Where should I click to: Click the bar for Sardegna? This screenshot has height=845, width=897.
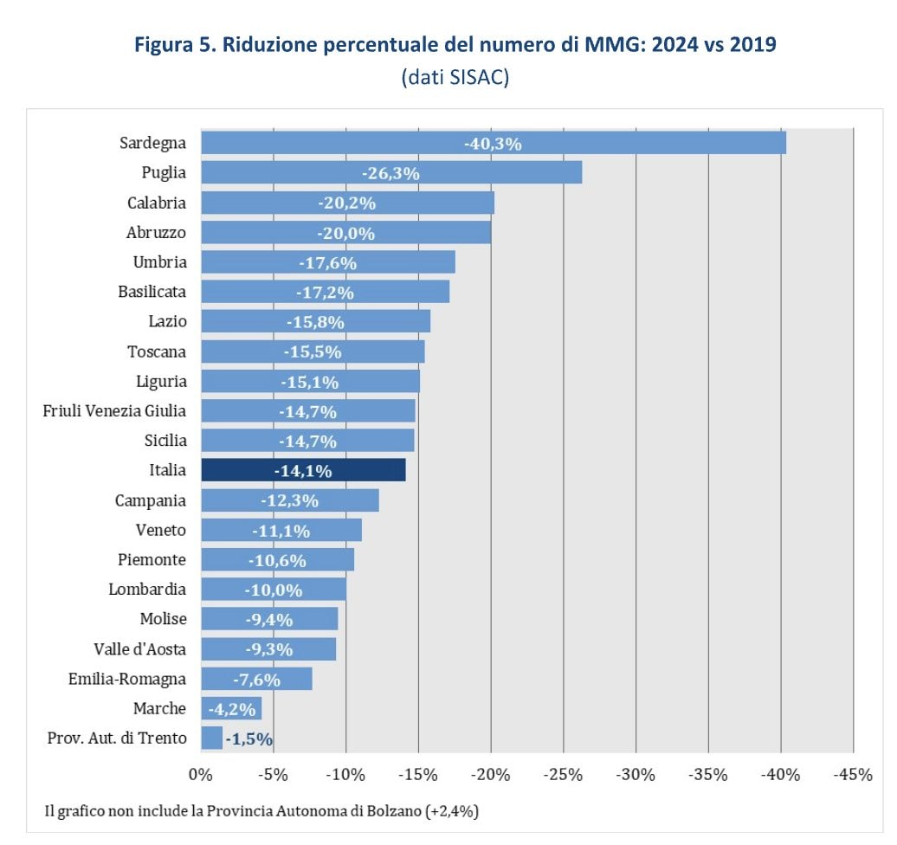[493, 143]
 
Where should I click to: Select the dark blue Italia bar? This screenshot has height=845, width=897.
[303, 470]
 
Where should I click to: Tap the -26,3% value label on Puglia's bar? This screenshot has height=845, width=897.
[390, 173]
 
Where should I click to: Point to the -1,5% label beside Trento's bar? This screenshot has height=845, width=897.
[249, 739]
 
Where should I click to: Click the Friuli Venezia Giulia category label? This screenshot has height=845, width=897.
[114, 410]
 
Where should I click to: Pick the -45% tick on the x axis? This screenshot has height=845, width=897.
[853, 775]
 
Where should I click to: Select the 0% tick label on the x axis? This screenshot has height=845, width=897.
[201, 775]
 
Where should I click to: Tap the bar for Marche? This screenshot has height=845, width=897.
[230, 709]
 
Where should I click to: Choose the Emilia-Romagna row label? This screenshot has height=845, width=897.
[127, 679]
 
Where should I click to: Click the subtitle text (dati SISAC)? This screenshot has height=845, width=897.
[455, 76]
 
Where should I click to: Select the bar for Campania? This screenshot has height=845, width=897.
[289, 500]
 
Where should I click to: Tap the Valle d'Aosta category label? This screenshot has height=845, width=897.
[139, 649]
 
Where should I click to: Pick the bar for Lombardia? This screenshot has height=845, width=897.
[273, 590]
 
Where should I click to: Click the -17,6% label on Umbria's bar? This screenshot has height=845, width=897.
[327, 262]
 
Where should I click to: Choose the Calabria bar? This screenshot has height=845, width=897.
[347, 203]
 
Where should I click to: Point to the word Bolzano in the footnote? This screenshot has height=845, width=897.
[389, 811]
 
